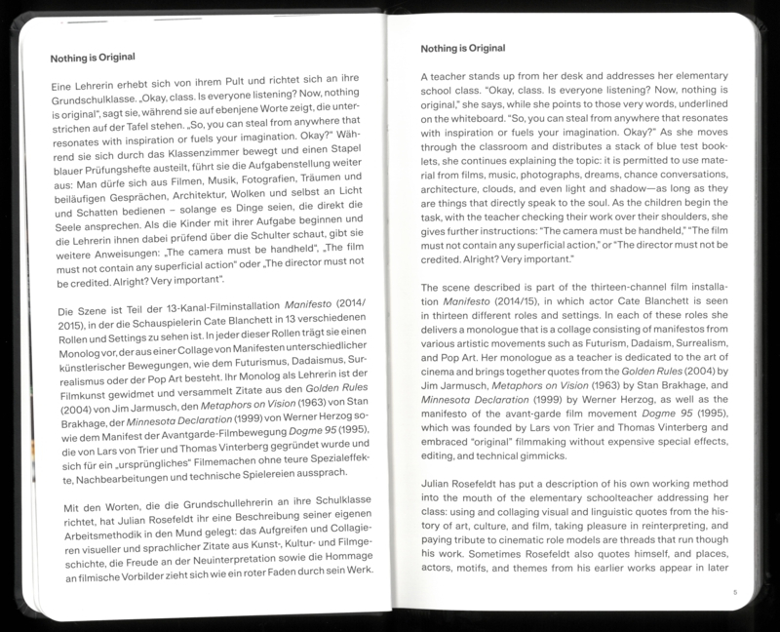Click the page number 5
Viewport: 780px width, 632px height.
pos(736,591)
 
